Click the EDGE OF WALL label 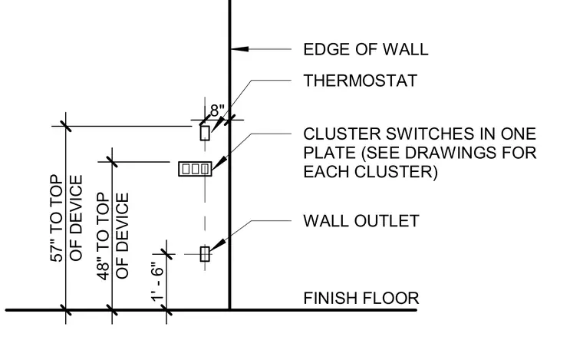366,49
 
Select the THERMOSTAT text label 361,81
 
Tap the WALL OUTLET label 361,221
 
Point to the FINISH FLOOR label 361,299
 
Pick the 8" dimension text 218,111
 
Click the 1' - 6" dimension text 158,281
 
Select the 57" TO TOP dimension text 57,218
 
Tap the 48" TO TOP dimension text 104,236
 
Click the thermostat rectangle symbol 205,133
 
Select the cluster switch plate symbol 195,169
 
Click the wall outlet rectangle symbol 205,254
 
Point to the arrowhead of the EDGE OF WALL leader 240,48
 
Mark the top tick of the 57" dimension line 66,126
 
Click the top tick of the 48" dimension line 112,162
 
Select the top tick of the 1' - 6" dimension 166,254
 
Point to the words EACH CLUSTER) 371,172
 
